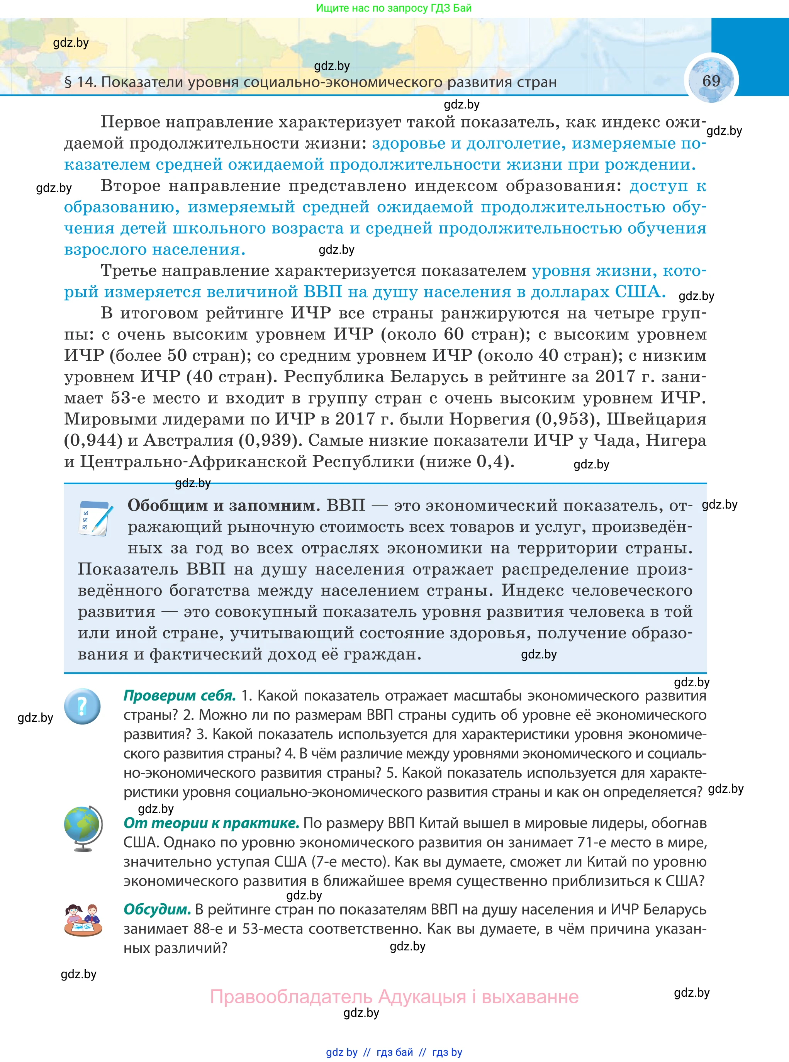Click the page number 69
711,81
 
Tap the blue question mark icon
83,706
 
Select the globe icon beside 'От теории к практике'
83,828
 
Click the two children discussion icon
83,920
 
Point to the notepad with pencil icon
95,519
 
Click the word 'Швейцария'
656,419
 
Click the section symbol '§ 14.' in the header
80,82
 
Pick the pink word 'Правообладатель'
291,997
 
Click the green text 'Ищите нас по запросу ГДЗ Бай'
394,8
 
